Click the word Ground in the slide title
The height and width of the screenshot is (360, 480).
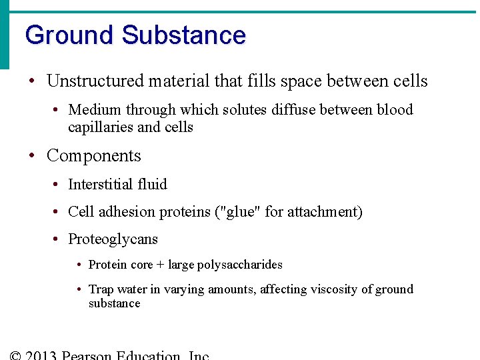pos(70,35)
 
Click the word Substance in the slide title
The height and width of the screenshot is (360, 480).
pos(184,35)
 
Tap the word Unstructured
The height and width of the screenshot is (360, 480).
pos(95,81)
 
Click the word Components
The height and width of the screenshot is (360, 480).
pos(94,156)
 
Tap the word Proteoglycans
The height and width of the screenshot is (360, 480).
pos(113,239)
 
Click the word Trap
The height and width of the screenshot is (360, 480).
pos(101,289)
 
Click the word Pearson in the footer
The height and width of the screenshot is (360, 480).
pos(87,355)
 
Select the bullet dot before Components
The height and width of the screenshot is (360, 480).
pos(31,157)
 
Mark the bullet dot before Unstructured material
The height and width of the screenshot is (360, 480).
pos(31,82)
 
